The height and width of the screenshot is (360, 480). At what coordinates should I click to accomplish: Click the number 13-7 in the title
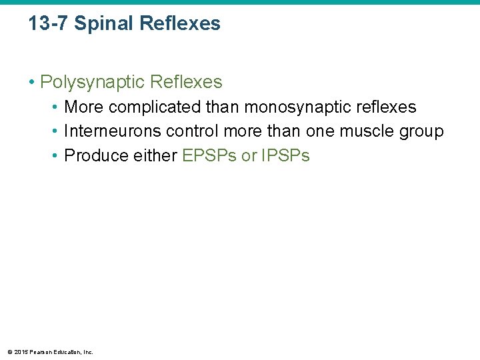pyautogui.click(x=49, y=24)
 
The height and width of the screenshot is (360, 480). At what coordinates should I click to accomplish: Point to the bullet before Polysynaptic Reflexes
pyautogui.click(x=31, y=82)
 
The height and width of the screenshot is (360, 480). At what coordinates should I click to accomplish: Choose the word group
pyautogui.click(x=422, y=131)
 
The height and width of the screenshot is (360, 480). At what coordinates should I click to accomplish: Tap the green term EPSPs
pyautogui.click(x=209, y=156)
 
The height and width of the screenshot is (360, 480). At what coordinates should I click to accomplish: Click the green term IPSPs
pyautogui.click(x=285, y=156)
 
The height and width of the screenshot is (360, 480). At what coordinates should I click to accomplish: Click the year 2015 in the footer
pyautogui.click(x=20, y=352)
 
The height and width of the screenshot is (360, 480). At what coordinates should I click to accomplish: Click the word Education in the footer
pyautogui.click(x=66, y=352)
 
